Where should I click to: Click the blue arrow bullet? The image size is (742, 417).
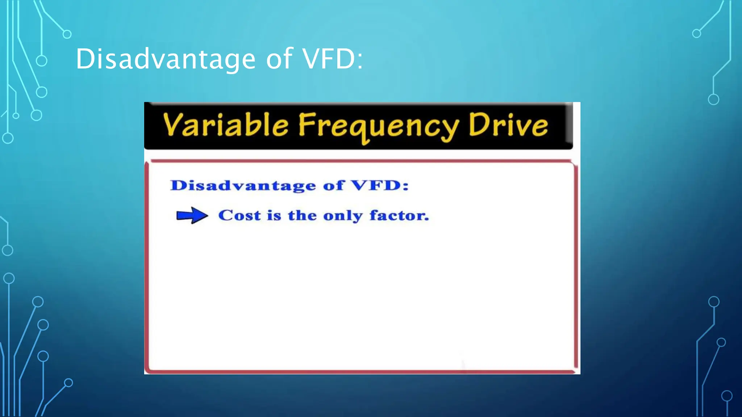192,216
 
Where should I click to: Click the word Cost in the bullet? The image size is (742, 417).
239,215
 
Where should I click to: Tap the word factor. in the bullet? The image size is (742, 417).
399,215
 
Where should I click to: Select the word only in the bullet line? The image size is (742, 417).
343,216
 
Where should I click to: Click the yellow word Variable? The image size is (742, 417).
225,125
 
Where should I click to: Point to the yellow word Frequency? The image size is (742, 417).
378,126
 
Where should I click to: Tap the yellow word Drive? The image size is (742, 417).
508,125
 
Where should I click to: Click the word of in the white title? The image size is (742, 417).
279,59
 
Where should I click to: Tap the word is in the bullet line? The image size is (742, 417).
274,215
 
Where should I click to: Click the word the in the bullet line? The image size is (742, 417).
302,215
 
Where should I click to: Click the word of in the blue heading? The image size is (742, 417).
333,185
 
